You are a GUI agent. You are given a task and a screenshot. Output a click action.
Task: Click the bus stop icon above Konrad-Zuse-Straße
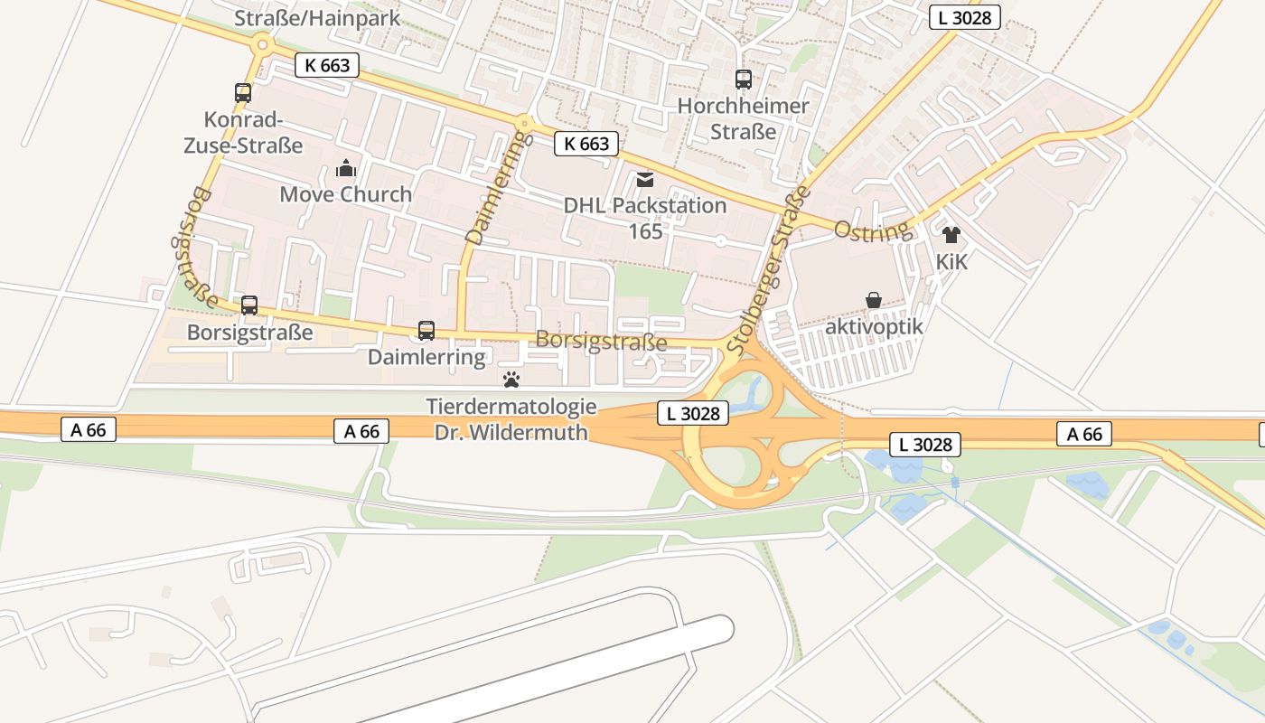243,92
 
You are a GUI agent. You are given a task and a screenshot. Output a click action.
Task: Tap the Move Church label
345,194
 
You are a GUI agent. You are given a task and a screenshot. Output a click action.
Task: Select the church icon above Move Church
345,168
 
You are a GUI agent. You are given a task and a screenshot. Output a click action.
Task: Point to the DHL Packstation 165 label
645,218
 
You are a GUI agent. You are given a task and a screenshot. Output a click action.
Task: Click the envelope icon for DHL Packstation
645,180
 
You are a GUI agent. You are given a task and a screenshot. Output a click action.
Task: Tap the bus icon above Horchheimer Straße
744,80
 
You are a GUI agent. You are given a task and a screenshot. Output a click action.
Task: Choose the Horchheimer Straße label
744,118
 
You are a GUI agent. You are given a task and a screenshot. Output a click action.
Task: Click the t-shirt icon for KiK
951,235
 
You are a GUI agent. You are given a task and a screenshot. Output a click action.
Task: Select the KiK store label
951,262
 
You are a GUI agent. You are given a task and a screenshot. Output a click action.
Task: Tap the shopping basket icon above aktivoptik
874,300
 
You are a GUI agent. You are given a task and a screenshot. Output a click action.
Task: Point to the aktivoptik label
874,326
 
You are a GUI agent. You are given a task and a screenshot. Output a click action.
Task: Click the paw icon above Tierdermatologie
511,380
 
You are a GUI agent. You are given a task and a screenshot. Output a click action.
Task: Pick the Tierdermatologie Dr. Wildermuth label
511,419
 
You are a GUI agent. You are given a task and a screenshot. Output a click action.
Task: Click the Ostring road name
872,230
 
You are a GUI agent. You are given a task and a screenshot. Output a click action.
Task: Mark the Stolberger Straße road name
768,271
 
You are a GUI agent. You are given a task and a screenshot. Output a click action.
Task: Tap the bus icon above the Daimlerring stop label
426,331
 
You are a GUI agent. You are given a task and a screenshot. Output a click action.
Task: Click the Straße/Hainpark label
316,18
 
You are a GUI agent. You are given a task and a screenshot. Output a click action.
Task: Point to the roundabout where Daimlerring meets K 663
524,123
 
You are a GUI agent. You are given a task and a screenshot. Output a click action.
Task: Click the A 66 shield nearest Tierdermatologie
362,431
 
